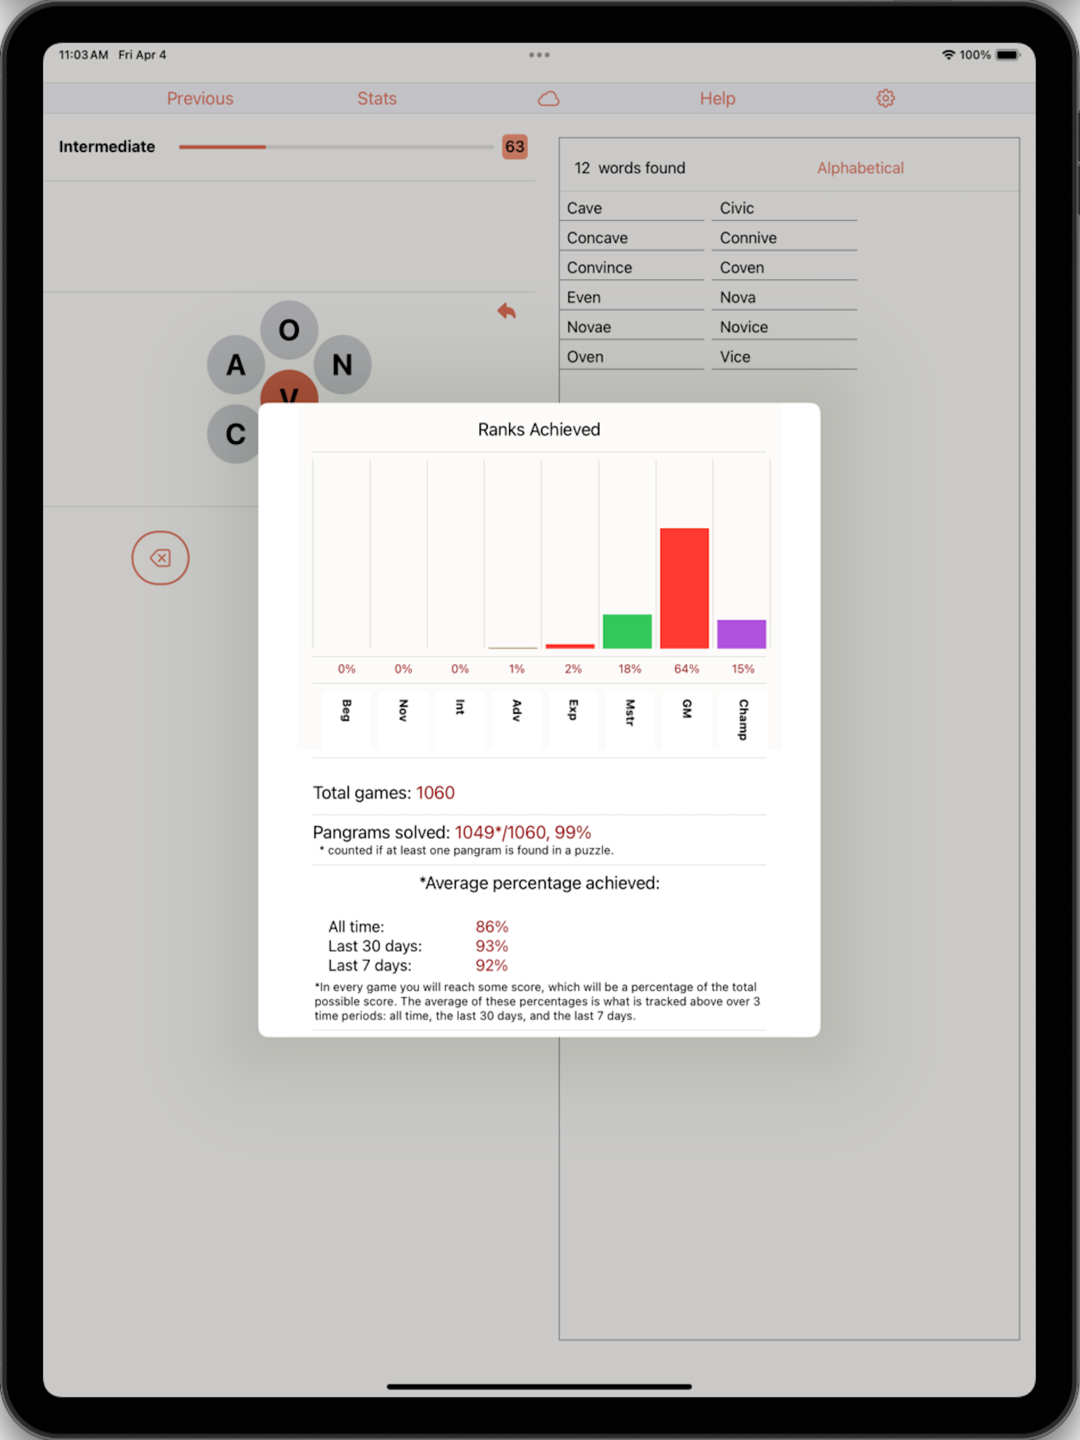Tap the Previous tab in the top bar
200,98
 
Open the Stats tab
377,98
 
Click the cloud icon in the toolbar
549,98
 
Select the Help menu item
717,98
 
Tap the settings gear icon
885,98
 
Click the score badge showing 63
514,147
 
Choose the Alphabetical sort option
860,168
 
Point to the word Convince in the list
599,267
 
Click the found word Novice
744,327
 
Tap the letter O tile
289,330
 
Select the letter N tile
342,365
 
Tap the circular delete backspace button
160,558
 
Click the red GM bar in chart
684,588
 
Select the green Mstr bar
627,631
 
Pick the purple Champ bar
741,634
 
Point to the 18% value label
629,669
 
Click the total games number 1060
435,793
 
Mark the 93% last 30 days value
491,946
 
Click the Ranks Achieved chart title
539,430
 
